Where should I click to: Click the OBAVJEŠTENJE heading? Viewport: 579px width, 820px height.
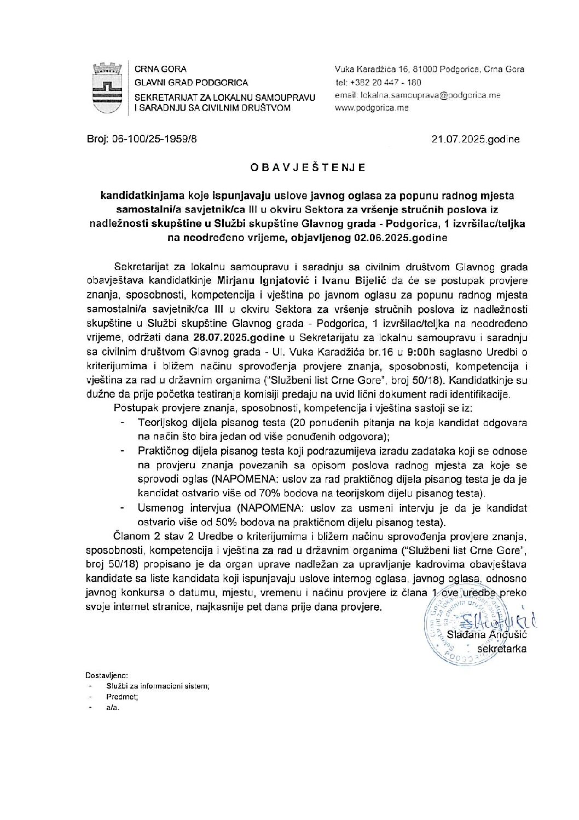coord(307,168)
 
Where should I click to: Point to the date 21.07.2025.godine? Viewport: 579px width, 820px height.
coord(475,140)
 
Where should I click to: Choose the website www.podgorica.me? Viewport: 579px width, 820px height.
coord(372,108)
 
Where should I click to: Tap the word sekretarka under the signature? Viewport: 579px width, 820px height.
coord(502,649)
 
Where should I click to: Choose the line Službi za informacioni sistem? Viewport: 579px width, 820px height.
coord(158,686)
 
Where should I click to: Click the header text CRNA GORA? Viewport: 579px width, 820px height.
coord(161,69)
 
